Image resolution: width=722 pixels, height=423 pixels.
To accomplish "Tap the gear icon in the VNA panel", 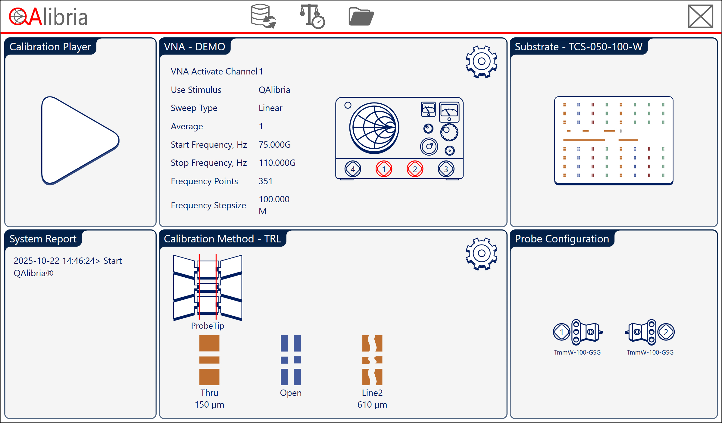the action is (481, 62).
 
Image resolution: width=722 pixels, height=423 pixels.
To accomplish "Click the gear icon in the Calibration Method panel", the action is (481, 254).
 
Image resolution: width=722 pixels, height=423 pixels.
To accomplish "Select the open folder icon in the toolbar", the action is (361, 17).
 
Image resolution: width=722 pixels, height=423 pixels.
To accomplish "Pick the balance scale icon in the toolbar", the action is (312, 16).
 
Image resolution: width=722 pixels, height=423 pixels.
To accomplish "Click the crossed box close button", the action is (701, 16).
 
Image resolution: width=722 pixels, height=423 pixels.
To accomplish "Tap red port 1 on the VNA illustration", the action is (384, 169).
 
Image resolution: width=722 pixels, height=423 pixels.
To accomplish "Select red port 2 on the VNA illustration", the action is (415, 169).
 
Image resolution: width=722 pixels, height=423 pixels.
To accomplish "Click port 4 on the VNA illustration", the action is (353, 169).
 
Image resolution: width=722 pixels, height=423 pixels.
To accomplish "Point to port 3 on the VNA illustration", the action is (446, 169).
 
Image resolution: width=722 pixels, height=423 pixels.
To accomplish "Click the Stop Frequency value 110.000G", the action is (277, 163).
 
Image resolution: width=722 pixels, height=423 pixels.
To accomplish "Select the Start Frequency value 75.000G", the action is (275, 145).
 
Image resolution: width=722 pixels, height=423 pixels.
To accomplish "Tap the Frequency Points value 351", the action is (266, 181).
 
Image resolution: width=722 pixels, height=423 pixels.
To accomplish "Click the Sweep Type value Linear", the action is (270, 108).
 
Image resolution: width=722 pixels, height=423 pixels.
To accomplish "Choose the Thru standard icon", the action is (209, 360).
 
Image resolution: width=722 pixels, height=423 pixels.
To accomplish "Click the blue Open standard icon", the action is (291, 360).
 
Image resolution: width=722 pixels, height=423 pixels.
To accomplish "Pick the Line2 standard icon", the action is (372, 360).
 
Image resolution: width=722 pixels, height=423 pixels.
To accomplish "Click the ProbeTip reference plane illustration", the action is (208, 287).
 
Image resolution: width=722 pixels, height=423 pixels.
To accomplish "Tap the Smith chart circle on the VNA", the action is (374, 128).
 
